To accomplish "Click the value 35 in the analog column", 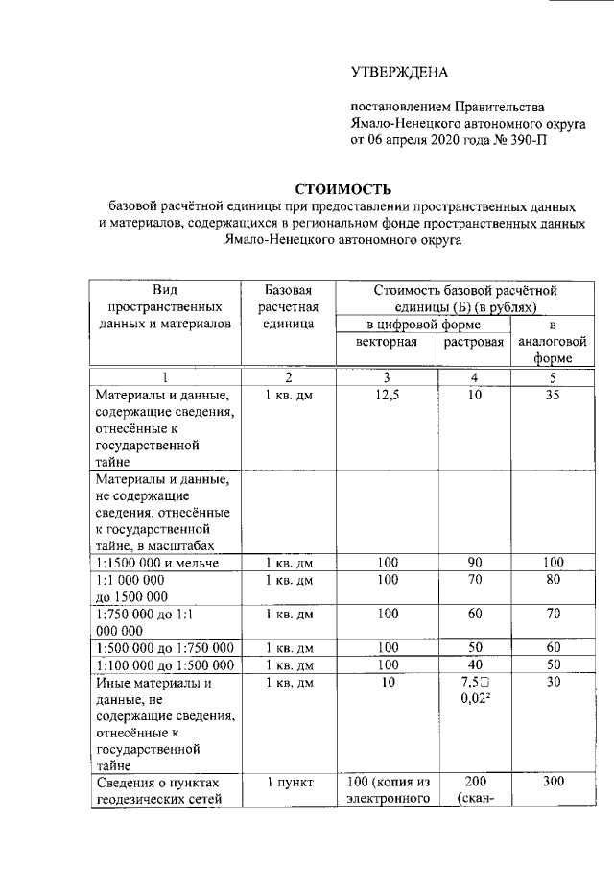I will pos(551,395).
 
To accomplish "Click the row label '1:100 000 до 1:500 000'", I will pos(165,664).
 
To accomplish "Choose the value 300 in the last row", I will pos(551,783).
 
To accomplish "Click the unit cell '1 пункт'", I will pos(289,783).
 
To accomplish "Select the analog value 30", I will pos(551,683).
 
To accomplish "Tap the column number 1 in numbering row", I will pos(164,377).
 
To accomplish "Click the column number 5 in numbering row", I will pos(551,377).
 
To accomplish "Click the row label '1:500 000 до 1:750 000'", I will pos(165,647).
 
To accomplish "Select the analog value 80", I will pos(551,580).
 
